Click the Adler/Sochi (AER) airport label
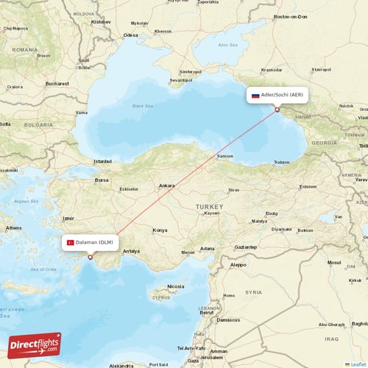[x=282, y=95]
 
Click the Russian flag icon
[x=255, y=95]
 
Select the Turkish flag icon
[x=71, y=242]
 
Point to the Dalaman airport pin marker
[x=91, y=257]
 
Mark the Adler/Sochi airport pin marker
[x=277, y=110]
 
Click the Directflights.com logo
[x=35, y=344]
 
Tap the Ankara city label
[x=167, y=185]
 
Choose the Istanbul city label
[x=102, y=160]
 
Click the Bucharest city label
[x=57, y=83]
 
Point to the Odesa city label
[x=131, y=35]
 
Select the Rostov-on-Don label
[x=289, y=15]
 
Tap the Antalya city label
[x=132, y=251]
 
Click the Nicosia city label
[x=175, y=286]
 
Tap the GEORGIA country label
[x=324, y=143]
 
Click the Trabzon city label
[x=281, y=162]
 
